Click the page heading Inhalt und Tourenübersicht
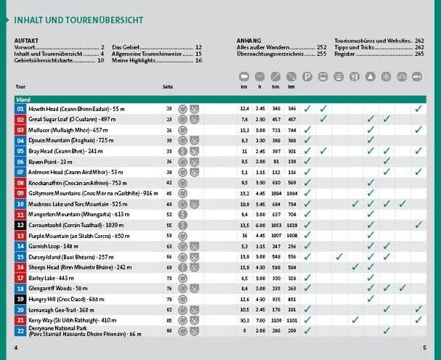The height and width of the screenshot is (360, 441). point(79,20)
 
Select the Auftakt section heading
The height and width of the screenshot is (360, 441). point(26,40)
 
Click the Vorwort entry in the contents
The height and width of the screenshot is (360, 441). point(25,47)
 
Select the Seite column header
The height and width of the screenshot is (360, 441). point(168,87)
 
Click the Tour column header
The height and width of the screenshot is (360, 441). point(20,87)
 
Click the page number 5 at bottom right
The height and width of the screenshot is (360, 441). point(424,348)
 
